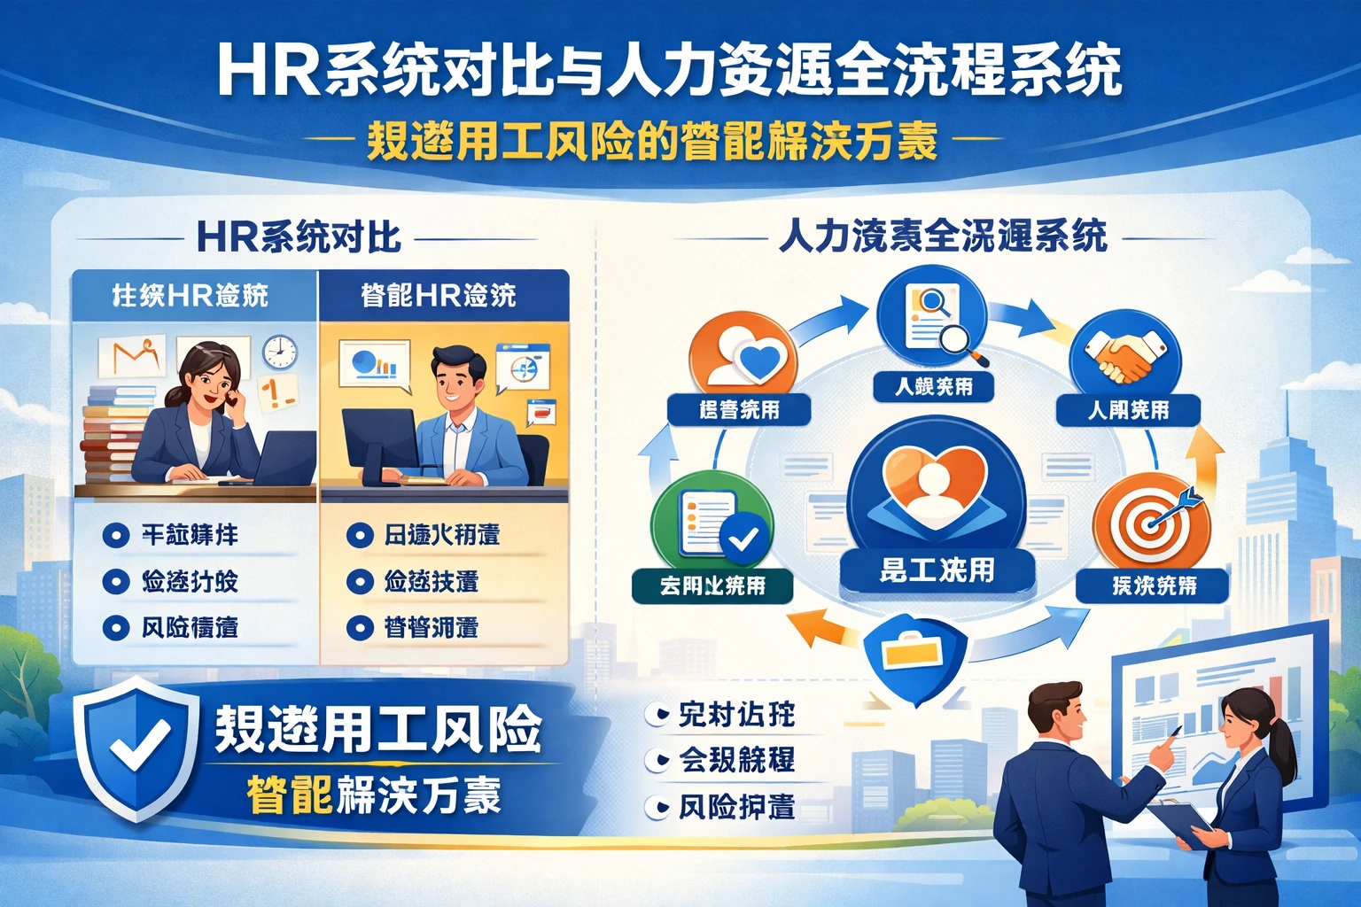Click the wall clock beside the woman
[279, 352]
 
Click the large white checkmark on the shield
[140, 742]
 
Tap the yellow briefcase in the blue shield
[913, 653]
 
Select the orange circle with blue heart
[743, 360]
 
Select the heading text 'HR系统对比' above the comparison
[299, 237]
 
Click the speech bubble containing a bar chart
[375, 365]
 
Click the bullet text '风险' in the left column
[190, 627]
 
